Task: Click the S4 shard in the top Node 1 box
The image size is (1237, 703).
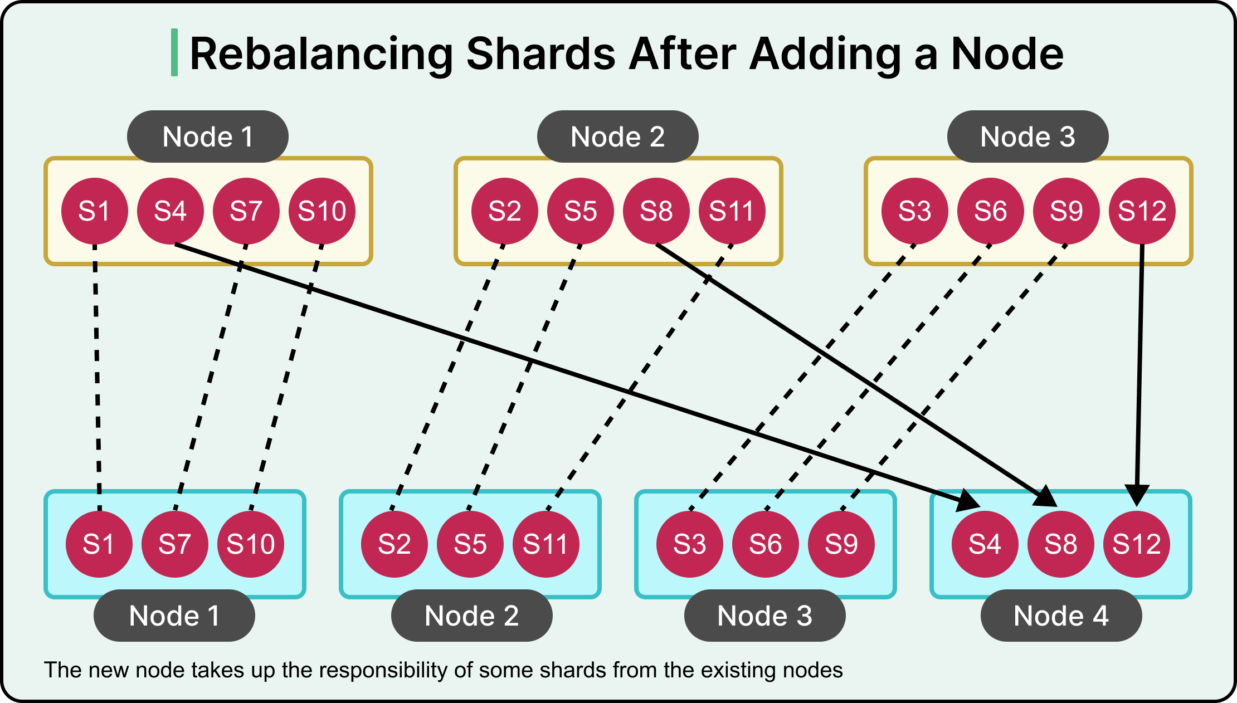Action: point(170,211)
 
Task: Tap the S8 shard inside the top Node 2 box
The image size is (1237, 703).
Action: point(656,211)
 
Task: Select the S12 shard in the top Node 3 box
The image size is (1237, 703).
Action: point(1142,211)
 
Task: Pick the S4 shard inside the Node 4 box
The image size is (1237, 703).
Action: point(985,544)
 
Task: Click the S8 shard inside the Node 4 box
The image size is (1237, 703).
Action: point(1060,544)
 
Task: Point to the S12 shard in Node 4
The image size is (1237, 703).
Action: point(1136,544)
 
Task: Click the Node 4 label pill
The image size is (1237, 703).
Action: point(1061,616)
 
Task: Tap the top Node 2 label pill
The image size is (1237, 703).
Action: point(617,136)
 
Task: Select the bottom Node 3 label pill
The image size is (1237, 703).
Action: point(764,616)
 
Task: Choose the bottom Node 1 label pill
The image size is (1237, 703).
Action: point(174,616)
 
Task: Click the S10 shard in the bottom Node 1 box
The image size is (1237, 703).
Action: point(250,544)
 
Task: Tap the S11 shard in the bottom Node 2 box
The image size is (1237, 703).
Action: point(546,544)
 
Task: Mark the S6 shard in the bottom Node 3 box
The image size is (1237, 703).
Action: point(765,544)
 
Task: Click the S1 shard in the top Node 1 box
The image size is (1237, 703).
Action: point(94,211)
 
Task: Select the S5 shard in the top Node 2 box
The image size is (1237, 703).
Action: point(580,211)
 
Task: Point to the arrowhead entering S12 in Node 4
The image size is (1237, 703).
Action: point(1137,495)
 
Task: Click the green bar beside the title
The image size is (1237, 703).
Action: point(174,52)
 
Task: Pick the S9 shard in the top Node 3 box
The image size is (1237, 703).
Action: point(1066,211)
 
